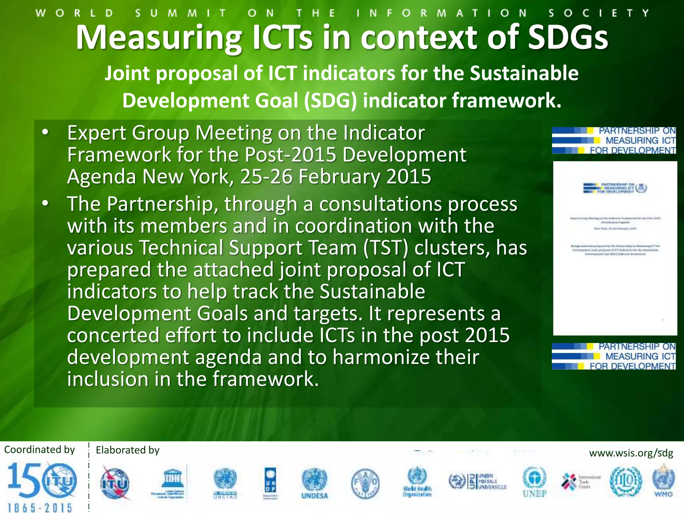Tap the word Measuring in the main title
[159, 37]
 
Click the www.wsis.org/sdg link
[631, 453]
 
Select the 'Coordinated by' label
[39, 450]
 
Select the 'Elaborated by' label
[128, 450]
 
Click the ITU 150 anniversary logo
[42, 481]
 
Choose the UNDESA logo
[315, 483]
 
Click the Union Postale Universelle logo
[478, 481]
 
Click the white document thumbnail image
[615, 248]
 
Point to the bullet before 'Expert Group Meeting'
[45, 132]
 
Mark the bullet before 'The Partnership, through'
[45, 203]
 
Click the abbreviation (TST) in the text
[385, 248]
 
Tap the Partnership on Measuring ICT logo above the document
[614, 140]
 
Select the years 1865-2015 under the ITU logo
[40, 508]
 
